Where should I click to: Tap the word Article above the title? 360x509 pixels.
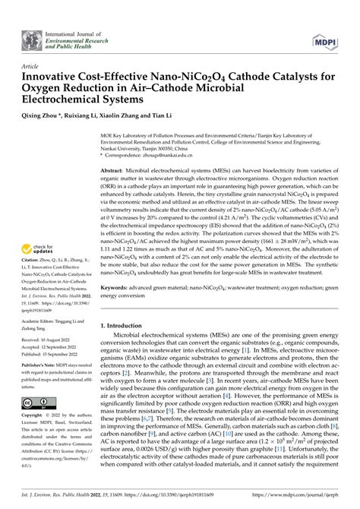[x=30, y=67]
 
